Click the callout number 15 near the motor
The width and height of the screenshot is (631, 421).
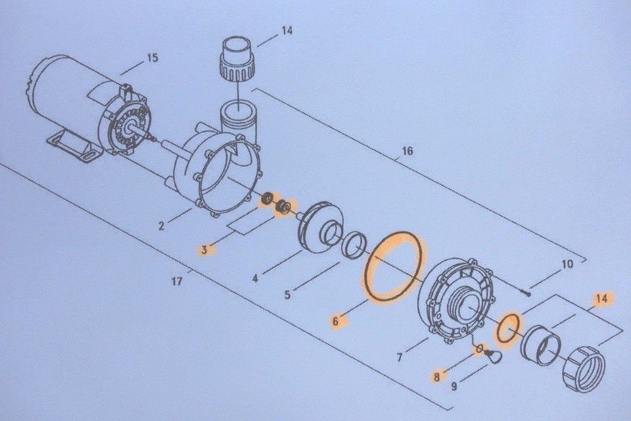(x=152, y=58)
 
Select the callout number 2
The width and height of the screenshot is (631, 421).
(x=161, y=227)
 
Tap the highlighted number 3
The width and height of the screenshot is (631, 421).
(x=205, y=249)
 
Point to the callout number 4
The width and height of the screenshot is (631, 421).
(x=255, y=278)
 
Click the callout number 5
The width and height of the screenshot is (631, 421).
(x=287, y=295)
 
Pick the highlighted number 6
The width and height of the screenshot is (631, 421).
(x=335, y=322)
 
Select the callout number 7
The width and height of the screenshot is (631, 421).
(x=399, y=358)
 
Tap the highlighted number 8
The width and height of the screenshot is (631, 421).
(x=436, y=377)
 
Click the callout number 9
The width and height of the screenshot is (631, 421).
(x=454, y=387)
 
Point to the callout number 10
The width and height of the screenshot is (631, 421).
(x=567, y=265)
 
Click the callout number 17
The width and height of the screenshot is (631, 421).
(x=176, y=282)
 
